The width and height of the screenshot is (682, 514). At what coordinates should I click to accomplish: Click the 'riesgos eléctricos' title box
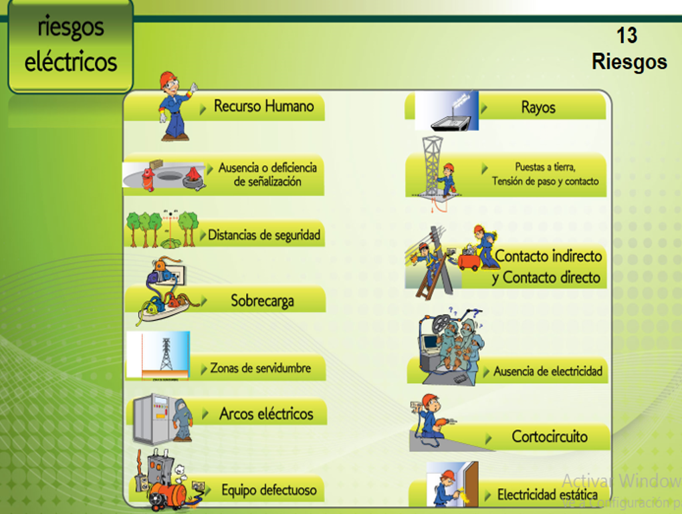pos(70,45)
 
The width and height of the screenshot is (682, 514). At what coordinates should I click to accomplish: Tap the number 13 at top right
pos(627,35)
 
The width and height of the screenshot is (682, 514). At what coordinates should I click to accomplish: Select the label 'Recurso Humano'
pos(263,106)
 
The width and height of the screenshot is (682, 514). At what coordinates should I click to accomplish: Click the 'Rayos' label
pos(538,108)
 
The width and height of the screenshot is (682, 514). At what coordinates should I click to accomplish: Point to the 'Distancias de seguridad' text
pos(264,235)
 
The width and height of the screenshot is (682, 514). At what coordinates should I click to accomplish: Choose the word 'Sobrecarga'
pos(262,301)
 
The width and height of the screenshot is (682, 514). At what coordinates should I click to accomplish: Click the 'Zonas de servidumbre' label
pos(260,368)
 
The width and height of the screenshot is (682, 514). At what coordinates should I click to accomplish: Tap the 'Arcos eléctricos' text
pos(266,414)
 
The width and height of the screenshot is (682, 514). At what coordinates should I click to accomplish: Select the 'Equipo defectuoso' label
pos(269,491)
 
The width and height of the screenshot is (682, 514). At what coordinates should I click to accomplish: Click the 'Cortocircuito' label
pos(550,437)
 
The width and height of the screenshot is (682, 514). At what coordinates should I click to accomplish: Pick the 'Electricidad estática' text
pos(547,495)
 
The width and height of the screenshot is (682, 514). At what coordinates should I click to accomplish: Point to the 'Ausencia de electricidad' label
pos(548,372)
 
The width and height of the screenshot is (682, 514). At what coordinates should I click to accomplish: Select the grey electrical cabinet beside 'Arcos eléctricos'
pos(151,418)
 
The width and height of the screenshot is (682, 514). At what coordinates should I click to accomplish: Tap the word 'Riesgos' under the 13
pos(629,62)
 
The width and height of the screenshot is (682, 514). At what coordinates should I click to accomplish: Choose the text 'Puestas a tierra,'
pos(545,167)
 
